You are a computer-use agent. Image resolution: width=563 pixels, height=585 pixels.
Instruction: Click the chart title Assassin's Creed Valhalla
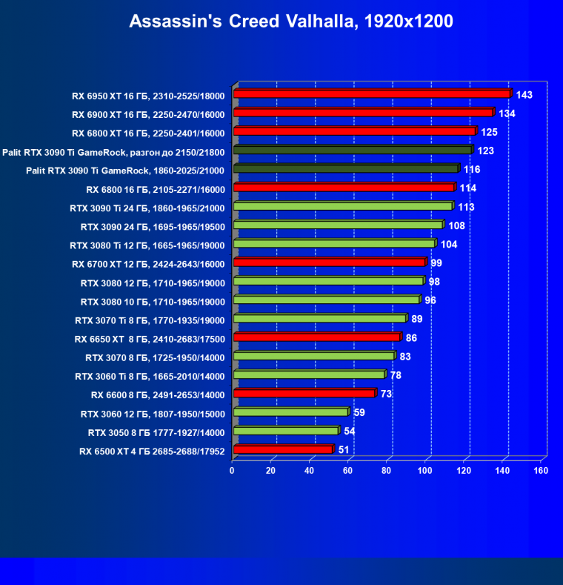point(291,22)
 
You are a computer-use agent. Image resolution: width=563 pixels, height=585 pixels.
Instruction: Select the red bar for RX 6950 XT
point(372,94)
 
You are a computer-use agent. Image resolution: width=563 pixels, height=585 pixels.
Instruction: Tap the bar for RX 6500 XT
point(283,449)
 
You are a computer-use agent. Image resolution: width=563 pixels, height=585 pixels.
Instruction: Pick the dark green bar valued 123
point(353,151)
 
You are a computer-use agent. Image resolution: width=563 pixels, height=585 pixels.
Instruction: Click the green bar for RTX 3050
point(286,431)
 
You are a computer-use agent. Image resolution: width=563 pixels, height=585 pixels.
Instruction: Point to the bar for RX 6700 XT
point(330,262)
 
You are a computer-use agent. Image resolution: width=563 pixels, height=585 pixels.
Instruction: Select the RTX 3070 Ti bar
point(320,319)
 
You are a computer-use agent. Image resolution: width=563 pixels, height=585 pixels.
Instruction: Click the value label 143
point(524,95)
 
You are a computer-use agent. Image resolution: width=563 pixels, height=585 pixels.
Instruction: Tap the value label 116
point(473,170)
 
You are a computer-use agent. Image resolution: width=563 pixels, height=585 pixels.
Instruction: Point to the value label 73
point(386,393)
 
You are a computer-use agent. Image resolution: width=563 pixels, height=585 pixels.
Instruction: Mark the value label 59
point(359,412)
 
